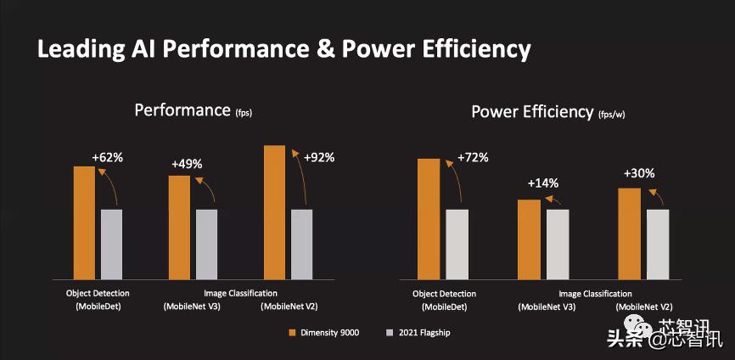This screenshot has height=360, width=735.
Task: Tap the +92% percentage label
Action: click(319, 157)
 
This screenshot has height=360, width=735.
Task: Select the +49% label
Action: click(188, 164)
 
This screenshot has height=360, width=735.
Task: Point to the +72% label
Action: click(473, 158)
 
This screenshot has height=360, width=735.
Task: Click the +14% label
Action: click(543, 183)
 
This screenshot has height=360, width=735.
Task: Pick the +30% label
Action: click(639, 173)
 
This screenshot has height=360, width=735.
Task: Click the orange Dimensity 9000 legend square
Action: click(293, 332)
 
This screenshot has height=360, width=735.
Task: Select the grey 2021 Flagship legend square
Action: click(390, 332)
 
